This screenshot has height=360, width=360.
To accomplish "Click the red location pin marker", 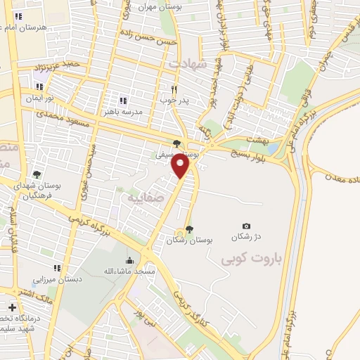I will tap(181, 165).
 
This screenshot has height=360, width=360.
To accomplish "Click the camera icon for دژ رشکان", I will tap(246, 226).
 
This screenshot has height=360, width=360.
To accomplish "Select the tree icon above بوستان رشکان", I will tap(189, 229).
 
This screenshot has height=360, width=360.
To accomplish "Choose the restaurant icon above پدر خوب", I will tap(175, 89).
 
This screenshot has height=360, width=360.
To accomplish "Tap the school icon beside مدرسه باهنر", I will tap(124, 100).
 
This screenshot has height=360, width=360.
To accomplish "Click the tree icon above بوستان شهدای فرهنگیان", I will tap(37, 175).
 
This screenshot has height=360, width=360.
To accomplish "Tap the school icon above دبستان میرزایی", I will tap(57, 268).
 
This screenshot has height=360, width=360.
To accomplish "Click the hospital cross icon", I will tap(12, 307).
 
